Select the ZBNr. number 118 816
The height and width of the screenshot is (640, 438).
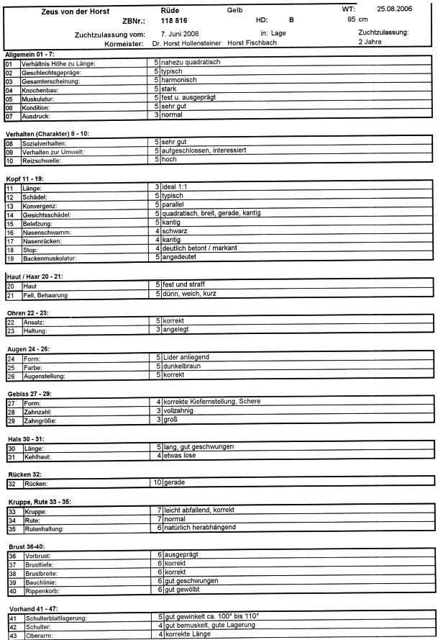(166, 22)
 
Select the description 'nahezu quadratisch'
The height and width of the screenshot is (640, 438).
(191, 63)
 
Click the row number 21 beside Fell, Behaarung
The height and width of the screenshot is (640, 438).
(10, 294)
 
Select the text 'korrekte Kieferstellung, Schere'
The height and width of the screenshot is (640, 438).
(212, 401)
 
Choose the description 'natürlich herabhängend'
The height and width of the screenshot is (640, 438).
(201, 527)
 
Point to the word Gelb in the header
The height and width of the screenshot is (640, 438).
(235, 11)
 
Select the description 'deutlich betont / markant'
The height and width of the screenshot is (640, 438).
(201, 248)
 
